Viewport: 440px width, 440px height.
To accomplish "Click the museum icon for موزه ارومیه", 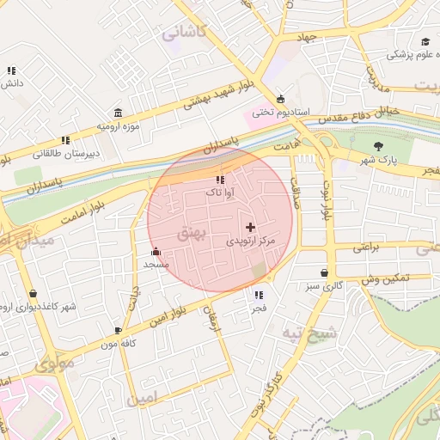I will click(x=118, y=113).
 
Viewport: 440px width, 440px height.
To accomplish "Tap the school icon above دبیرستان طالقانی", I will click(x=65, y=140).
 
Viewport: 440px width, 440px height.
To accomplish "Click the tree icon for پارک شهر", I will click(x=379, y=146).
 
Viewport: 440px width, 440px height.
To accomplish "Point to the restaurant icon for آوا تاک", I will click(x=220, y=180).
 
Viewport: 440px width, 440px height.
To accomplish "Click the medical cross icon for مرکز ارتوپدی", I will click(x=250, y=228).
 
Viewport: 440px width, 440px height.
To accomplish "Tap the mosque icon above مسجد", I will click(x=156, y=252).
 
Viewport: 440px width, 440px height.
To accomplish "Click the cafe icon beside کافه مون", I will click(x=118, y=330).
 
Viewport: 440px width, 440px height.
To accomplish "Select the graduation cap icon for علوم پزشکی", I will click(x=425, y=41).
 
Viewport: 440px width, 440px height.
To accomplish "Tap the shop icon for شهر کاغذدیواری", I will click(x=33, y=293).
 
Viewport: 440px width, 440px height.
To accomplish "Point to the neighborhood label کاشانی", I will click(x=183, y=33).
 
